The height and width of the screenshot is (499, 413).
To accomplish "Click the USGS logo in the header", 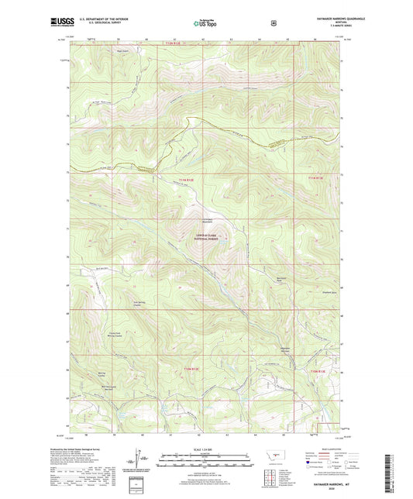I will coord(60,22).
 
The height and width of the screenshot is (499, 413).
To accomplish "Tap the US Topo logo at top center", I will coord(205,23).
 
